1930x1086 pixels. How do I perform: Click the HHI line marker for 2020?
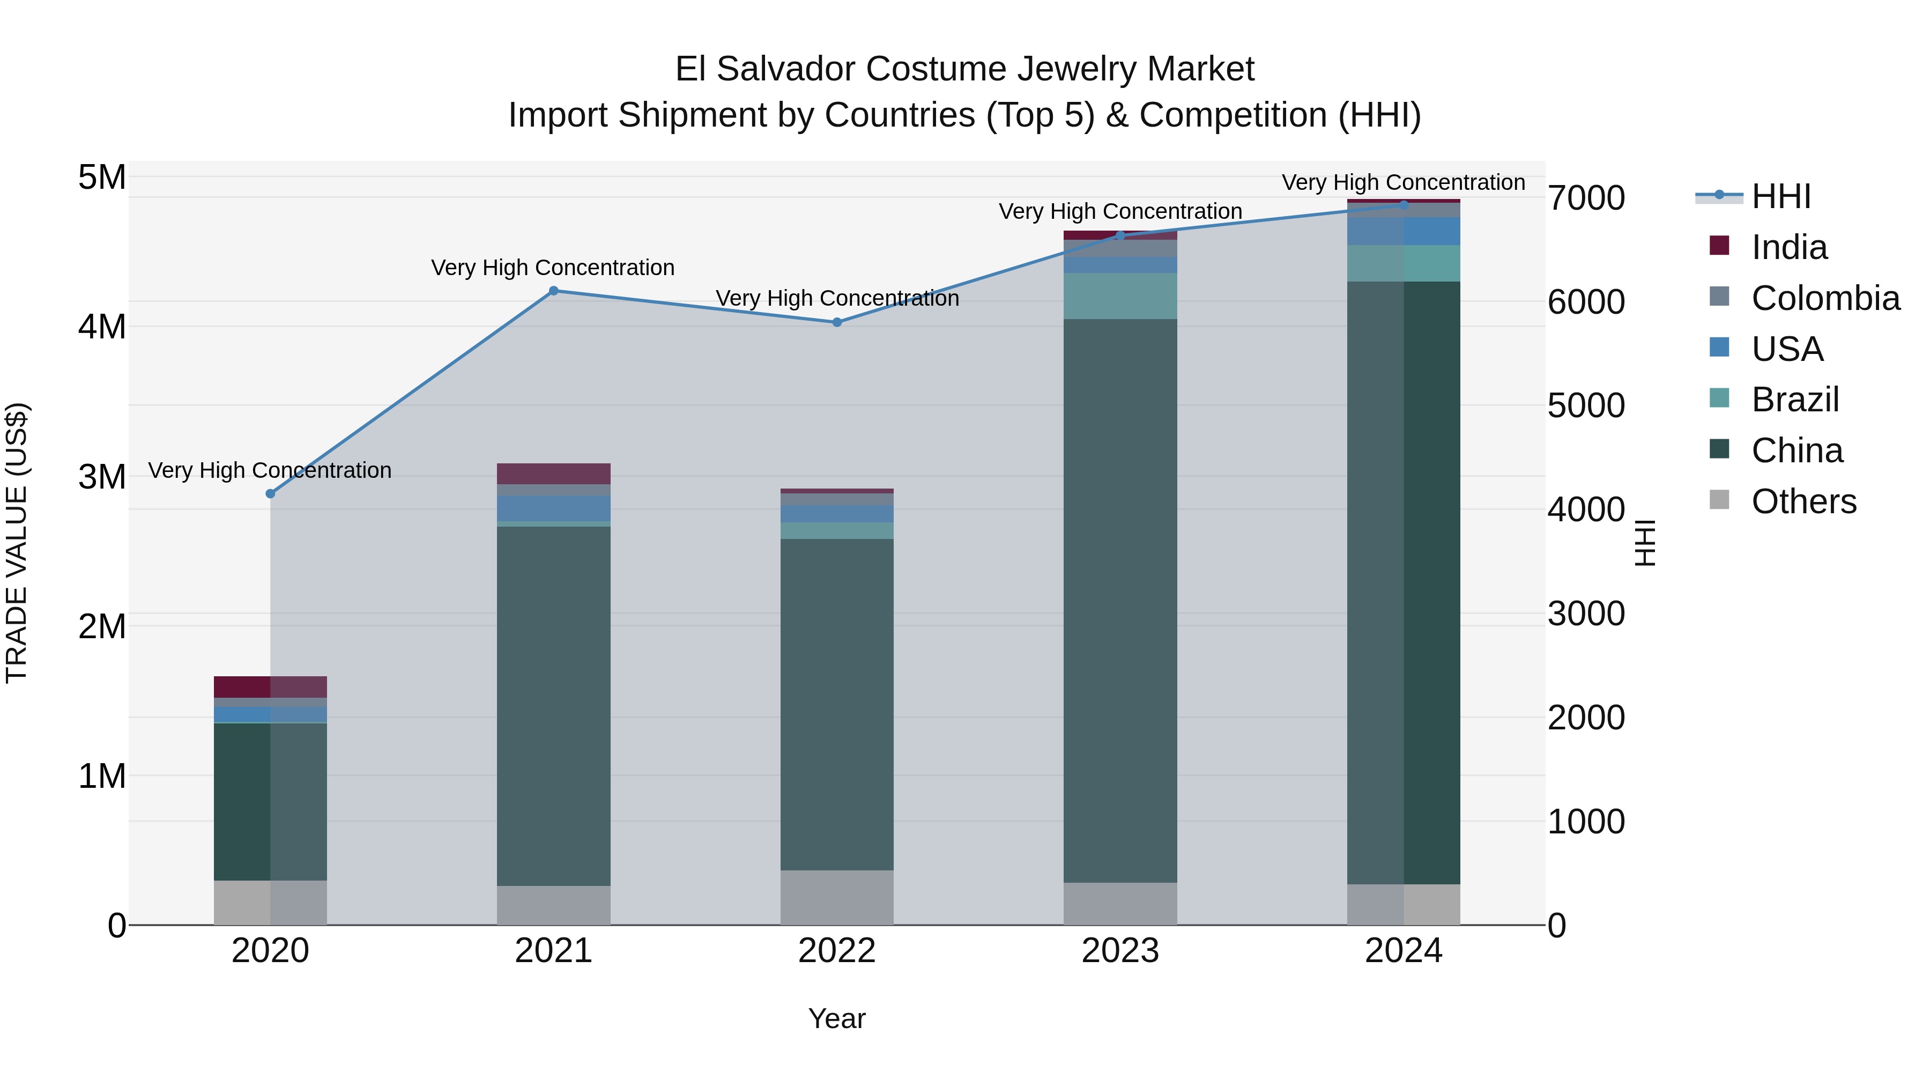click(x=271, y=494)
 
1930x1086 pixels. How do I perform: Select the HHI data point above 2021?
click(x=554, y=291)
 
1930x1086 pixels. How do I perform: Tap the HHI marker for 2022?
click(x=837, y=322)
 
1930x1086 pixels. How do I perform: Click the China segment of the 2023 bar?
click(x=1120, y=600)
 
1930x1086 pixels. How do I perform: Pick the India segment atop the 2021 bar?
click(x=554, y=474)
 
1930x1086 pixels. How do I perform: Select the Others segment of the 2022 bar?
click(x=837, y=897)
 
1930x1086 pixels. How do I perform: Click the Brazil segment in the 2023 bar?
click(x=1120, y=296)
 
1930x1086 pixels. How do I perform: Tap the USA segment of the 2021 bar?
click(x=554, y=508)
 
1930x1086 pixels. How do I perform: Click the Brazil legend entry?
click(x=1794, y=400)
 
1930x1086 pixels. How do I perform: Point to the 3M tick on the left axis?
click(x=102, y=477)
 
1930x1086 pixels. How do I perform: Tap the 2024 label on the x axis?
click(x=1404, y=951)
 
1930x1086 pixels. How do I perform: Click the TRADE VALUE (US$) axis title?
click(x=17, y=543)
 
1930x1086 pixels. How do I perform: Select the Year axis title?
click(x=837, y=1018)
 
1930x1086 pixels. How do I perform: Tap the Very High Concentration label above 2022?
click(x=837, y=298)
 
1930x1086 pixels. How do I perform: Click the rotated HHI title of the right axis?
click(x=1645, y=543)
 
